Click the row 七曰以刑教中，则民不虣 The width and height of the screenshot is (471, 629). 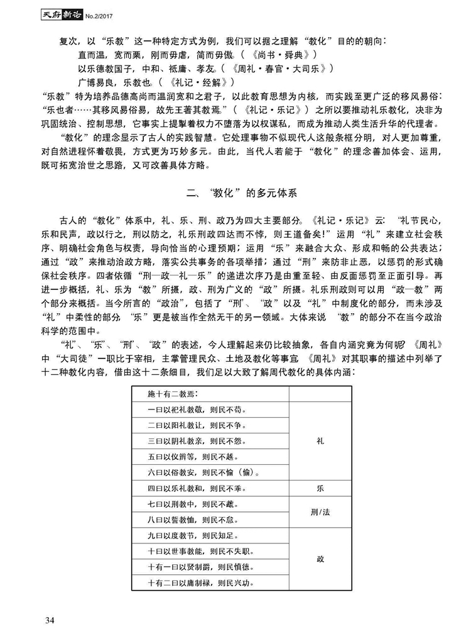pos(188,504)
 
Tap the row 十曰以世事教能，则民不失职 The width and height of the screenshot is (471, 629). pos(195,552)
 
